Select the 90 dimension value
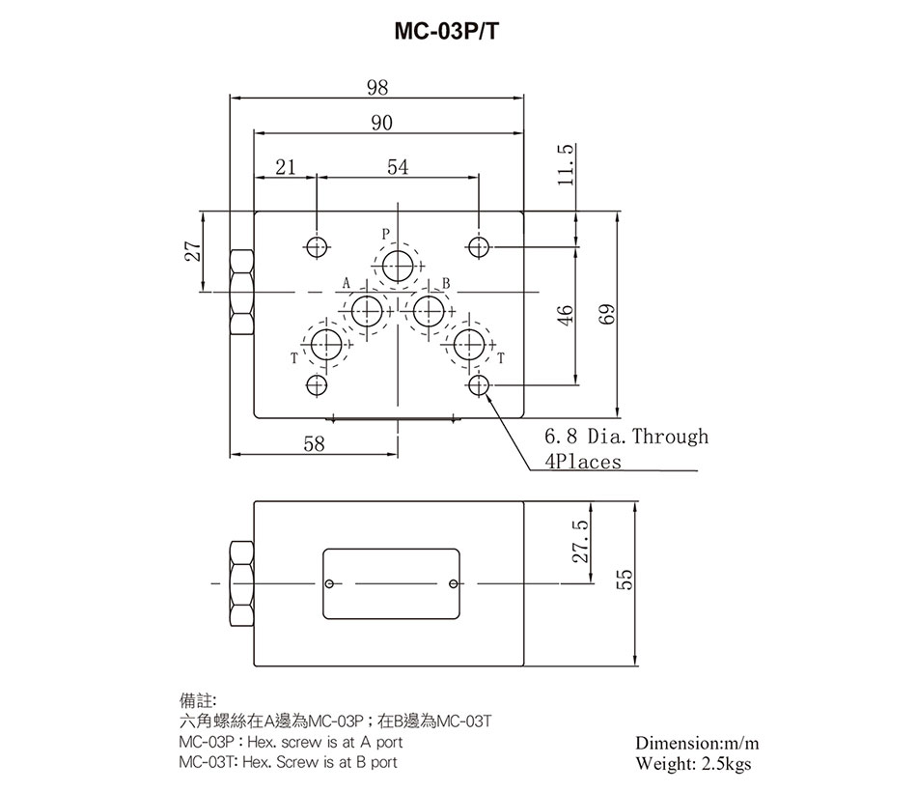382,123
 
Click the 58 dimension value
314,444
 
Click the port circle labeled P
398,266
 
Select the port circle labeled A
368,311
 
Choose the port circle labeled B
428,311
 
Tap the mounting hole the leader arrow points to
479,387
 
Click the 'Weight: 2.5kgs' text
693,763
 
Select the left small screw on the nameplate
330,583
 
